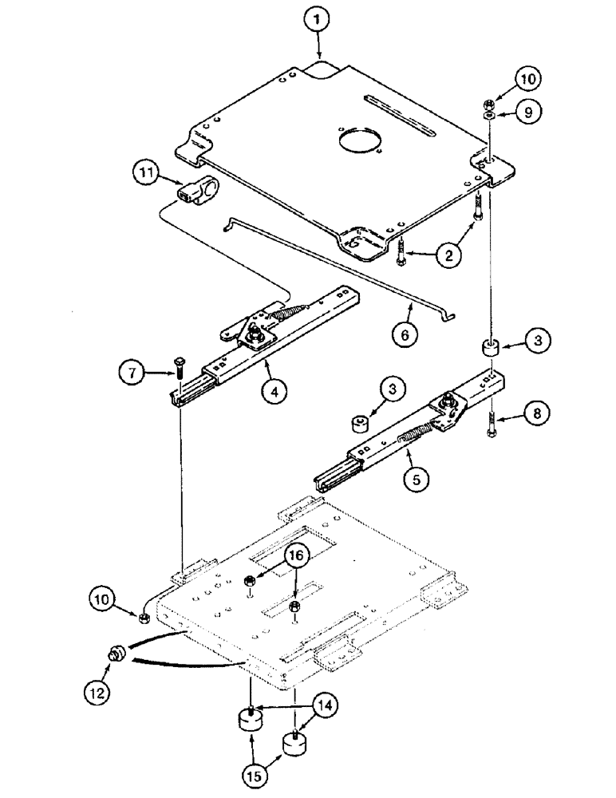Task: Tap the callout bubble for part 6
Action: (x=405, y=334)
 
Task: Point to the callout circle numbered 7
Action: (x=133, y=371)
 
